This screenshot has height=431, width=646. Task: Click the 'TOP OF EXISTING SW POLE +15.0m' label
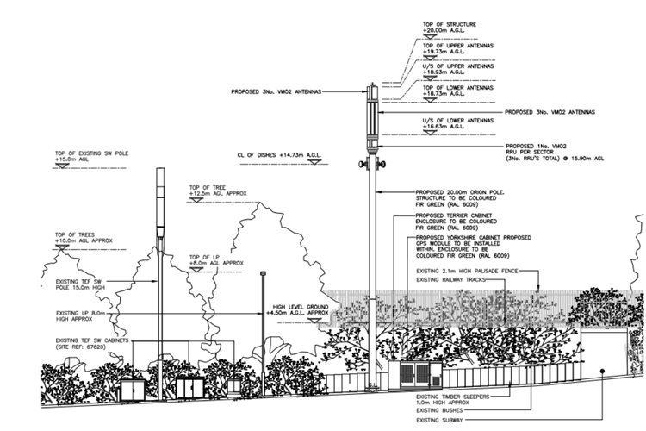click(87, 155)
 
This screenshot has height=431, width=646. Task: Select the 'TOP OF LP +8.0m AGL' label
click(217, 259)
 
